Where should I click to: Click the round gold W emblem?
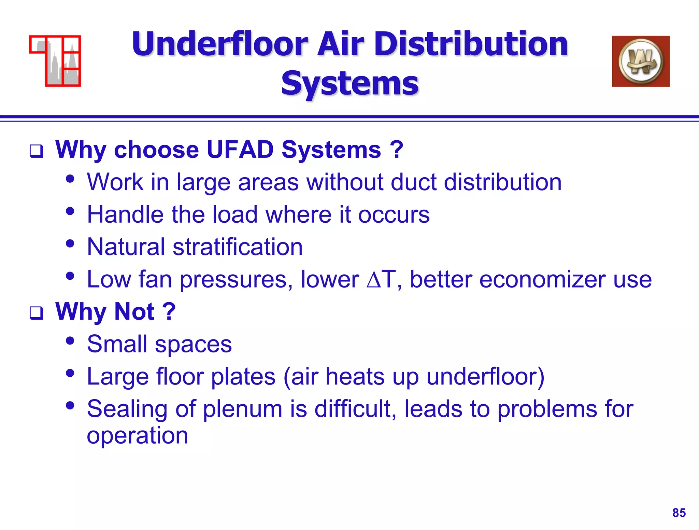click(x=641, y=61)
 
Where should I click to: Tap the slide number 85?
click(x=679, y=513)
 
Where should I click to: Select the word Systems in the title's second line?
click(x=349, y=84)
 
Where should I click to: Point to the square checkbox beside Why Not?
click(x=36, y=313)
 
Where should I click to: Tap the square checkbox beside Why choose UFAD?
click(x=36, y=151)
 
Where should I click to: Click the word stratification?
click(x=238, y=247)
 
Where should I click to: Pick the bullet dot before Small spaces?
click(x=70, y=340)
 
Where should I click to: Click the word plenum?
click(x=242, y=409)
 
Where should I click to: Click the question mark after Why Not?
click(x=169, y=311)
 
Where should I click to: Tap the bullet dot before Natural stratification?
click(x=70, y=243)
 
